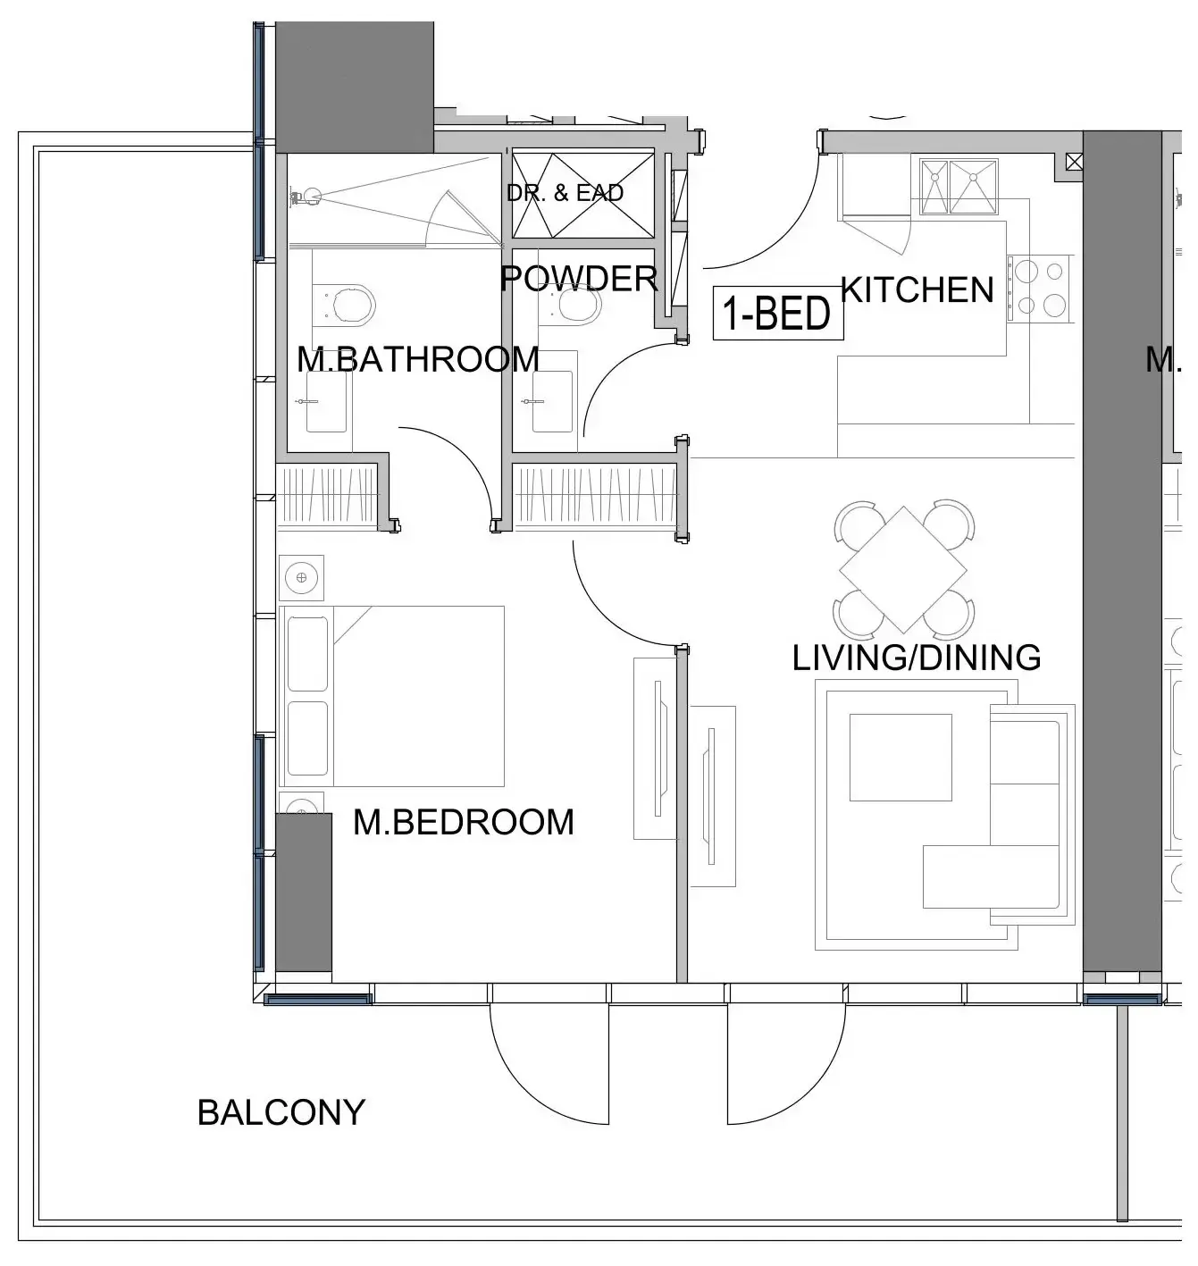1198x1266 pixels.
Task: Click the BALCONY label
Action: tap(281, 1113)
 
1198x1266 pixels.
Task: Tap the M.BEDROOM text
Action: tap(463, 822)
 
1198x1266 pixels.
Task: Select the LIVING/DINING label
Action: tap(917, 658)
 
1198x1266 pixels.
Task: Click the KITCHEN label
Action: tap(917, 290)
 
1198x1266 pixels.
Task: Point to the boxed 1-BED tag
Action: tap(777, 314)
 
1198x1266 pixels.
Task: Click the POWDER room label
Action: tap(579, 279)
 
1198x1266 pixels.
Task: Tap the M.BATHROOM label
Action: tap(417, 359)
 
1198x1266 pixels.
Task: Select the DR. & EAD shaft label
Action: tap(565, 193)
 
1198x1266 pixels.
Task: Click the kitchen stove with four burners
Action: tap(1041, 288)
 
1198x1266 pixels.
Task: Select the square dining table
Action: tap(902, 569)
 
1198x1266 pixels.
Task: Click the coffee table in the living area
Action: tap(900, 757)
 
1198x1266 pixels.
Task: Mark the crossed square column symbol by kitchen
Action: tap(1074, 162)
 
